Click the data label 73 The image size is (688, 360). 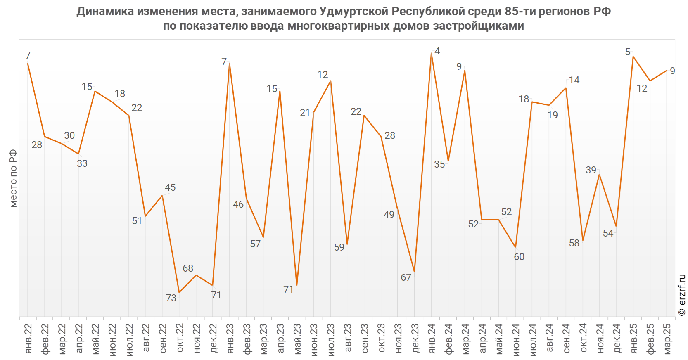tap(171, 298)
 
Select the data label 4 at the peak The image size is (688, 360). tap(437, 51)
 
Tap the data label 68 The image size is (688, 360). tap(188, 268)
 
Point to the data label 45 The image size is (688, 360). tap(170, 187)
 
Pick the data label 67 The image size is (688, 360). tap(406, 277)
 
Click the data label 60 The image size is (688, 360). tap(519, 257)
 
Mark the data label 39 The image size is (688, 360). tap(591, 170)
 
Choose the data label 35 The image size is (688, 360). tap(439, 164)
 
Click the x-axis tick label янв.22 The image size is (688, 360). tap(28, 339)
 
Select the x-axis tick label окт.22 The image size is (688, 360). tap(180, 339)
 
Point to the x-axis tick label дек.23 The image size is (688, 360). tap(415, 339)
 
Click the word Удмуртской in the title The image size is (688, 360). tap(354, 12)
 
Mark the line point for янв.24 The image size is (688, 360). tap(432, 53)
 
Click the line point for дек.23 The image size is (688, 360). tap(415, 272)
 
